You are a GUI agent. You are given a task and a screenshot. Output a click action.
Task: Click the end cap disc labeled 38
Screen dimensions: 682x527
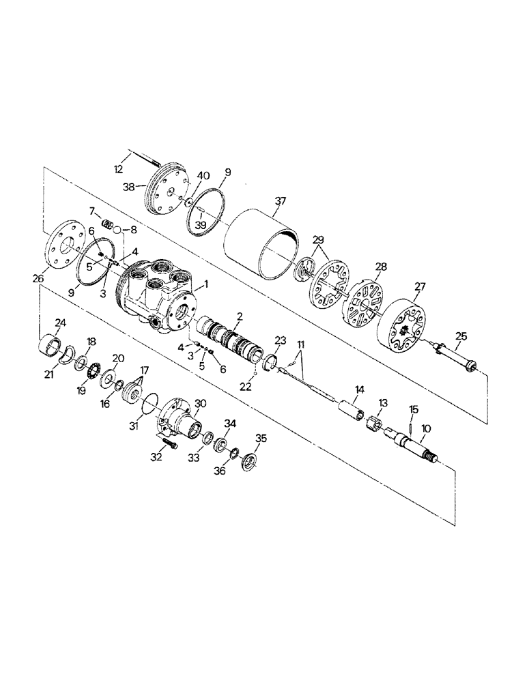(168, 190)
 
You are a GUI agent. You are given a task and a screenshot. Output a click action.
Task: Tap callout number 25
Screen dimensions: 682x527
(462, 336)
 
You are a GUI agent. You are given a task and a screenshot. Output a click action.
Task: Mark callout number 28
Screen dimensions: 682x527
(380, 265)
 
